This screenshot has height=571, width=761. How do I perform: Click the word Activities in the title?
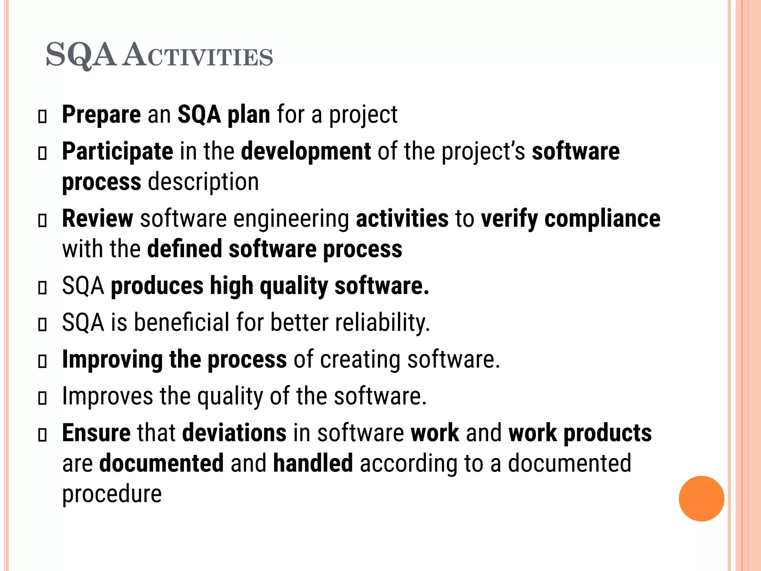coord(198,56)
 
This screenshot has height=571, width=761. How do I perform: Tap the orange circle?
coord(701,499)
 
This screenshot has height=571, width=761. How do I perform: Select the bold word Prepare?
coord(101,114)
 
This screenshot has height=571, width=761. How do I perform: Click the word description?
coord(203,182)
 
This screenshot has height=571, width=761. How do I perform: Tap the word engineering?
coord(291,219)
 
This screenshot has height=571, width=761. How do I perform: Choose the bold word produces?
coord(157,286)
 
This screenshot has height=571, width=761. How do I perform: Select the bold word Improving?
coord(112,359)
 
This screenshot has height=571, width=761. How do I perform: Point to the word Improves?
coord(107,396)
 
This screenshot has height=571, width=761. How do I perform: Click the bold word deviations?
coord(234,433)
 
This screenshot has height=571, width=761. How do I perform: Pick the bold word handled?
coord(313,463)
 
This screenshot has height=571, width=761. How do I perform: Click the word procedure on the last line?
coord(112,494)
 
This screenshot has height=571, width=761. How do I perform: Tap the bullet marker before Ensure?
coord(43,435)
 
